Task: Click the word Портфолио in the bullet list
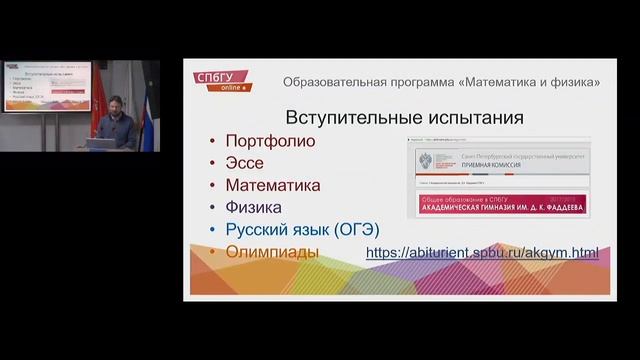click(x=270, y=141)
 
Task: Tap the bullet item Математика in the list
click(x=273, y=185)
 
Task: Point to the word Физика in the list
click(x=256, y=207)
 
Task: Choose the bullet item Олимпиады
click(x=272, y=252)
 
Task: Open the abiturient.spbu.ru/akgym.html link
click(x=482, y=253)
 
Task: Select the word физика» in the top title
click(x=574, y=81)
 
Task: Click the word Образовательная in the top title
click(x=334, y=81)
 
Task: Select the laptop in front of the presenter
click(x=100, y=143)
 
